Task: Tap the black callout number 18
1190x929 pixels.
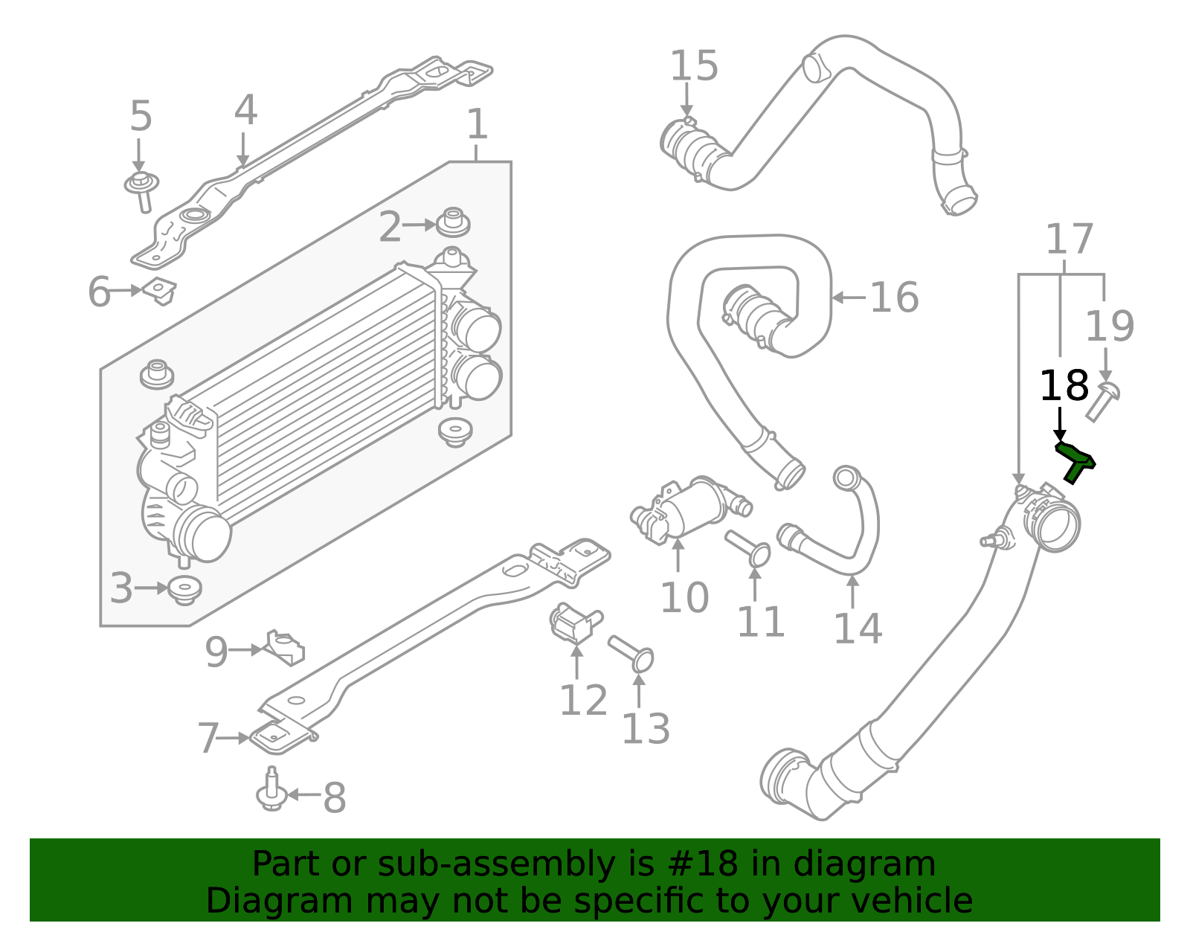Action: click(x=1064, y=387)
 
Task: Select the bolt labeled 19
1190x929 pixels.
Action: click(x=1102, y=402)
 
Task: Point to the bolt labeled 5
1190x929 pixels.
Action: click(x=141, y=189)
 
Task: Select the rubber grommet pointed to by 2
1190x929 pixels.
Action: click(x=453, y=222)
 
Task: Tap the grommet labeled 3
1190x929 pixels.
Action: click(x=184, y=589)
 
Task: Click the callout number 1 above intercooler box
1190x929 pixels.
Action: click(x=477, y=124)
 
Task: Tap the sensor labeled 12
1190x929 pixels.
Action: click(x=573, y=623)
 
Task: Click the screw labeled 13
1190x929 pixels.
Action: click(x=631, y=652)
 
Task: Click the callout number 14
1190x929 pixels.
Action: click(x=857, y=629)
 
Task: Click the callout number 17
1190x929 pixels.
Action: click(x=1069, y=240)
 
